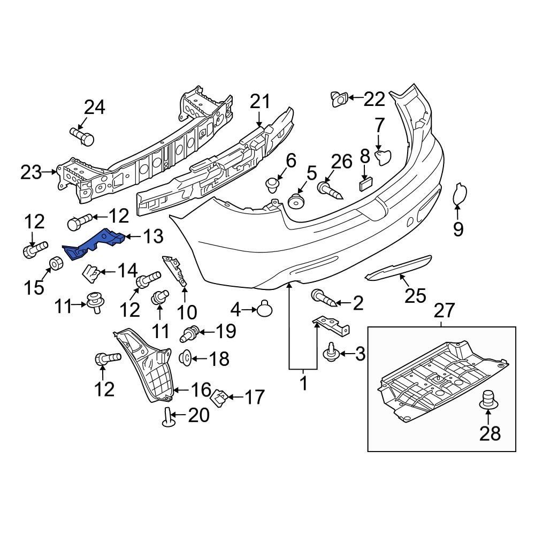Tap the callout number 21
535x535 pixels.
click(260, 102)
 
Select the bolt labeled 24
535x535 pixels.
click(82, 136)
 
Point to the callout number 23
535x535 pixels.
click(31, 172)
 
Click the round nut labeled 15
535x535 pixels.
click(56, 264)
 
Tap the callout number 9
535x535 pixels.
click(458, 229)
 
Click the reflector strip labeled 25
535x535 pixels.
click(398, 269)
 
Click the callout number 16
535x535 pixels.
click(201, 389)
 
